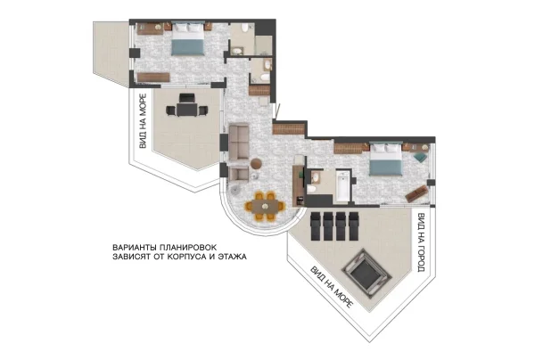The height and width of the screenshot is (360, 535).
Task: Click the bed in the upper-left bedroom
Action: [x=187, y=38]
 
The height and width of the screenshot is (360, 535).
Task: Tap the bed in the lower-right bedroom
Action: [x=386, y=159]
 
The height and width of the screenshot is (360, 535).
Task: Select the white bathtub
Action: [x=342, y=186]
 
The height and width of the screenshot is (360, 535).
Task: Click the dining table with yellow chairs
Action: [x=265, y=206]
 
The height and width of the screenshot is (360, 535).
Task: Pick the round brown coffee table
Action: [x=256, y=164]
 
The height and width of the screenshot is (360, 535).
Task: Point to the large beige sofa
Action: [x=238, y=142]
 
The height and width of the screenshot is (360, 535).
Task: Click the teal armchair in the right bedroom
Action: [x=420, y=157]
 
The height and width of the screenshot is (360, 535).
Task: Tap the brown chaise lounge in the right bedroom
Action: [x=416, y=193]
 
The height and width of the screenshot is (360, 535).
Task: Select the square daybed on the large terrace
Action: [x=366, y=274]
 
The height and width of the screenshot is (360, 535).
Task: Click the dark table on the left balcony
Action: [x=186, y=110]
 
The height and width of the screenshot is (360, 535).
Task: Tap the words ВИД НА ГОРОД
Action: [x=422, y=242]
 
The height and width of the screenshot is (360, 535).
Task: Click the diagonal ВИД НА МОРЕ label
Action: [x=331, y=287]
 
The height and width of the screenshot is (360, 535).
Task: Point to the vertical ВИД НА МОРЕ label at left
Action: [x=143, y=121]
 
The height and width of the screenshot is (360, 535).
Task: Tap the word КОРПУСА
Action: [x=186, y=257]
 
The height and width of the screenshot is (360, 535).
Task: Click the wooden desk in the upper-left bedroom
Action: [x=150, y=29]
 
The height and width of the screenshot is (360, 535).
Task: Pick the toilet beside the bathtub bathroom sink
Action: [x=311, y=189]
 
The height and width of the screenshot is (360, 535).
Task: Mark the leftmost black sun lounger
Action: [x=316, y=226]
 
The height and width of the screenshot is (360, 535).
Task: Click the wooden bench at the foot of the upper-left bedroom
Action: [x=153, y=78]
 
